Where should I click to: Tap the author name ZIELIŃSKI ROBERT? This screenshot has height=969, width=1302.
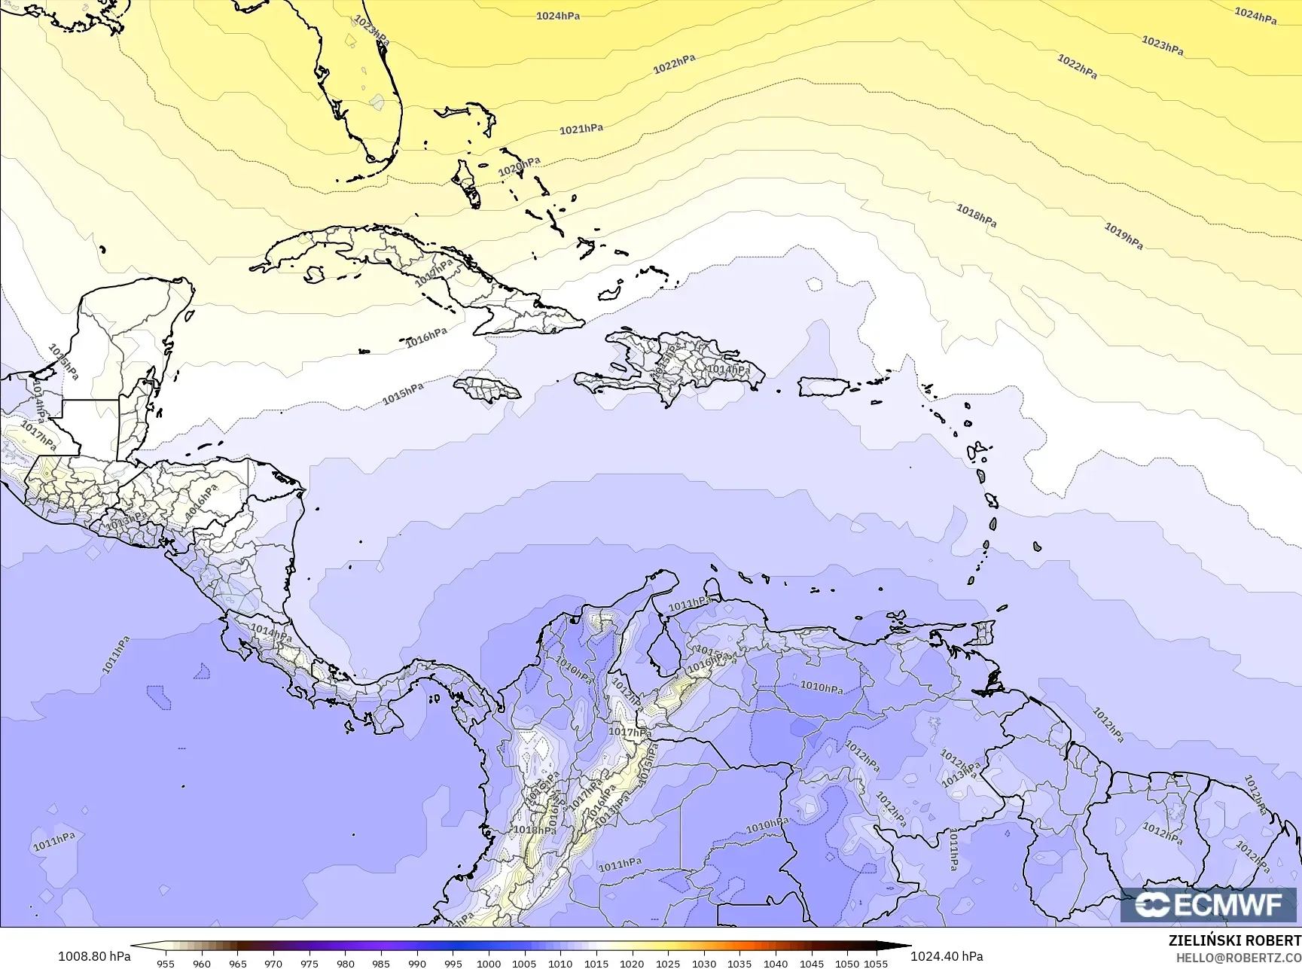point(1234,940)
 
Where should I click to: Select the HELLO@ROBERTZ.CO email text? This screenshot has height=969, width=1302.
point(1239,957)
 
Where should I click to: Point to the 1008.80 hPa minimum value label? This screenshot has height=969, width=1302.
point(94,956)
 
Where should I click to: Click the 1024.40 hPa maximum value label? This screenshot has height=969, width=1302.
point(947,956)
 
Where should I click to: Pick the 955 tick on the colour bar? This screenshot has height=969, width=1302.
point(166,963)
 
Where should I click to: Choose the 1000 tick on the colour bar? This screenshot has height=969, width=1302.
point(489,963)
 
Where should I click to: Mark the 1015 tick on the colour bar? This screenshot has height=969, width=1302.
point(596,963)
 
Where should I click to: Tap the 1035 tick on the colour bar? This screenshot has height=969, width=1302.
point(739,963)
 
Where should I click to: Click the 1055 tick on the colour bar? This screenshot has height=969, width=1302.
point(877,963)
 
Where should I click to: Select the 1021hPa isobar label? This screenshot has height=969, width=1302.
point(581,130)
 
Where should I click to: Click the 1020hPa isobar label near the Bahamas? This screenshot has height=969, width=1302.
point(520,166)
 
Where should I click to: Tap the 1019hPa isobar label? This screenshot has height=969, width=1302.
point(1124,236)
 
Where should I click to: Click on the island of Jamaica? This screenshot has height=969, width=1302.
point(487,389)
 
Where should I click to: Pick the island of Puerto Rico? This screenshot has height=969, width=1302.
point(823,387)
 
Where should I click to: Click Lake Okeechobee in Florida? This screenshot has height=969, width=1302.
point(377,99)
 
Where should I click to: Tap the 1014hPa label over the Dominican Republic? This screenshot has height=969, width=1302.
point(728,370)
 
